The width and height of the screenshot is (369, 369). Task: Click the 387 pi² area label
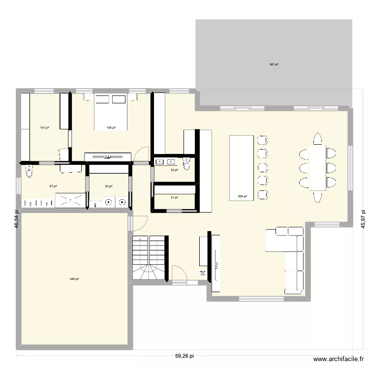pyautogui.click(x=274, y=64)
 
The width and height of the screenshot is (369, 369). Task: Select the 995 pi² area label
pyautogui.click(x=242, y=196)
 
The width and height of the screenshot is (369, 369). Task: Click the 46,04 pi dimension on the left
pyautogui.click(x=16, y=217)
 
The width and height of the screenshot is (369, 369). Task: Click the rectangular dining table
pyautogui.click(x=317, y=167)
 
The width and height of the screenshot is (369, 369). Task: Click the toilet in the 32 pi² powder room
pyautogui.click(x=186, y=163)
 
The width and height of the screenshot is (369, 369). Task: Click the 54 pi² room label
pyautogui.click(x=108, y=186)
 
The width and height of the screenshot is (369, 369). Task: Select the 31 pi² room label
pyautogui.click(x=174, y=197)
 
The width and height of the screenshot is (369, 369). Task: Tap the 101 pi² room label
pyautogui.click(x=44, y=128)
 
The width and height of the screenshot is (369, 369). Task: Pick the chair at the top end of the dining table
pyautogui.click(x=317, y=139)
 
